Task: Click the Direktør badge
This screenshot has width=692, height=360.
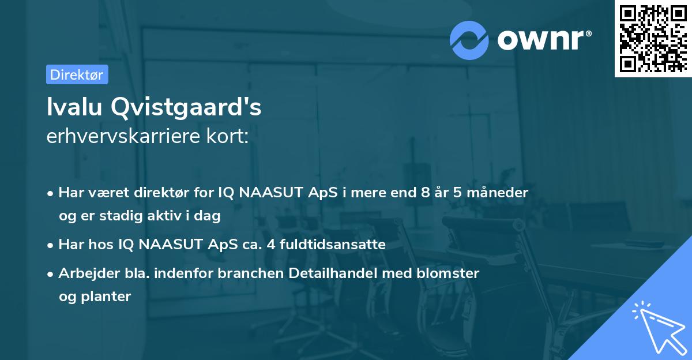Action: pos(77,74)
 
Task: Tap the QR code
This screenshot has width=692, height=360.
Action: pos(653,38)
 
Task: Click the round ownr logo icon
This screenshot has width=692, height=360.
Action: pos(469,40)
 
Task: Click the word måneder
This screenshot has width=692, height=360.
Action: pos(501,193)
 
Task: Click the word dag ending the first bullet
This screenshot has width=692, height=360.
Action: pos(209,216)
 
